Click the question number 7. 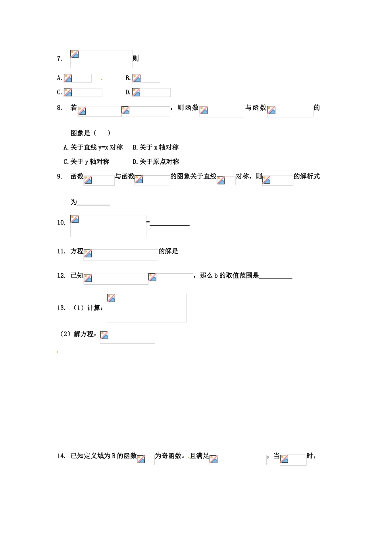(60, 59)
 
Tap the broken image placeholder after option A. (78, 78)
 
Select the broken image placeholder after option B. (146, 78)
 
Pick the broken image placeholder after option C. (83, 92)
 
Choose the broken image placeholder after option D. (151, 92)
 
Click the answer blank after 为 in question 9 (94, 203)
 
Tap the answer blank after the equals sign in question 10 (170, 223)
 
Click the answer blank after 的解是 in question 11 (206, 251)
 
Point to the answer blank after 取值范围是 (275, 276)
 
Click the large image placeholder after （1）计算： (146, 308)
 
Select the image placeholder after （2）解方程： (127, 337)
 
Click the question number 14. (61, 456)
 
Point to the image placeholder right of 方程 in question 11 (121, 255)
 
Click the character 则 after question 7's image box (136, 59)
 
